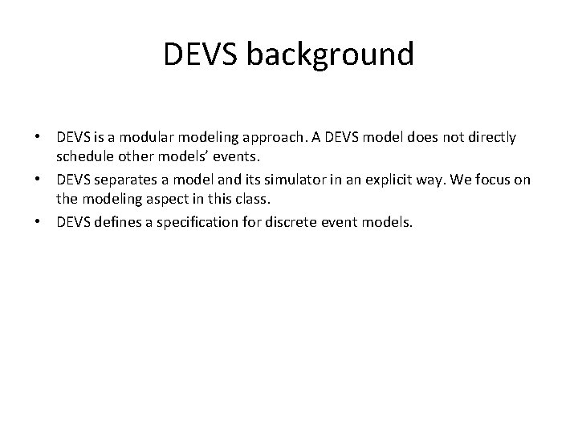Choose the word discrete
[305, 222]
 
